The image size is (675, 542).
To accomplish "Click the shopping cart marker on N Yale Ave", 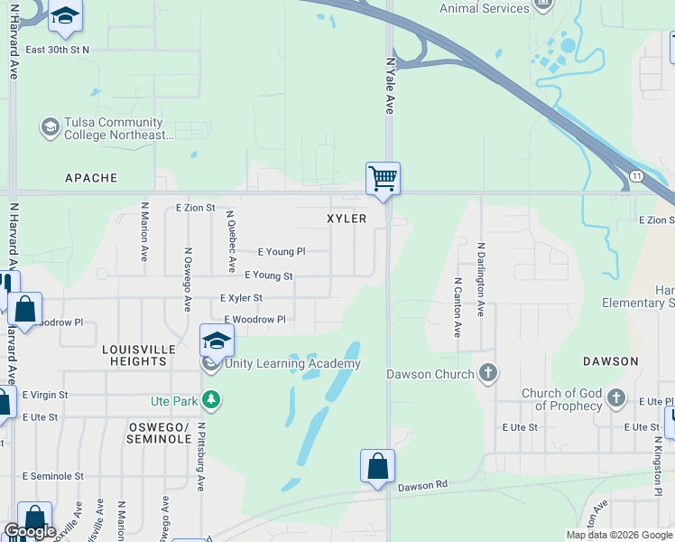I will (x=383, y=178).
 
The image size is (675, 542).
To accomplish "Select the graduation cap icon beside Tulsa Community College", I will (x=50, y=128).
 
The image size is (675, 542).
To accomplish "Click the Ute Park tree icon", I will (x=211, y=398).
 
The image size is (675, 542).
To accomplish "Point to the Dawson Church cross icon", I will (x=487, y=373).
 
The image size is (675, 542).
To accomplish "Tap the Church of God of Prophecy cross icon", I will (x=615, y=398).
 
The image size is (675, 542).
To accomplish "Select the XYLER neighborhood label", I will (x=347, y=219).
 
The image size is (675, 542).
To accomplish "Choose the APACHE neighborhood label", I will (x=91, y=178).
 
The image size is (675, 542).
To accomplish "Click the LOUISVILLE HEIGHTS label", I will (x=134, y=354).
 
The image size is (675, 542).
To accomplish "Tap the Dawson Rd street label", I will (x=422, y=485).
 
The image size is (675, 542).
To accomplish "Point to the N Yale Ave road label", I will (x=390, y=87).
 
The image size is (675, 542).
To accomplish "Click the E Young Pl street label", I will (x=282, y=252).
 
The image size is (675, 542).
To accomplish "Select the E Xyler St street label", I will (x=241, y=297).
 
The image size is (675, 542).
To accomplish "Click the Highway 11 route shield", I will (x=636, y=175).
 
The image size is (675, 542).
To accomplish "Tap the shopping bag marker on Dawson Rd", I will (x=378, y=466).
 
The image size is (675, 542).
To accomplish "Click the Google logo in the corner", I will (x=30, y=531).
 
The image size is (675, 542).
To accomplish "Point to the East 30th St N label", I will (x=58, y=50).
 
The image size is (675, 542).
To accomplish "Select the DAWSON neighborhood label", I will (x=610, y=360).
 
